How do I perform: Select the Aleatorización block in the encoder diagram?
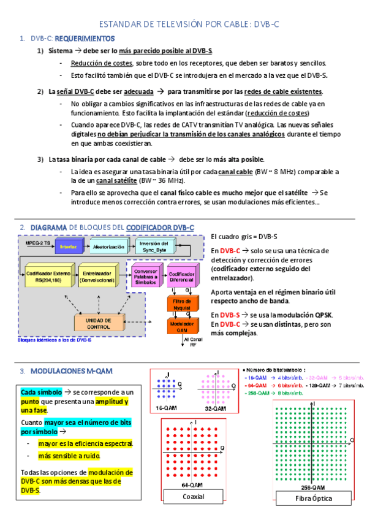108,247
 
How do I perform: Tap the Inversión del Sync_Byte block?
155,247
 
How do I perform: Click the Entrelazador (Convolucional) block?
101,276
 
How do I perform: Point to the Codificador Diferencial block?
182,277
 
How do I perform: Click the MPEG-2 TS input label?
39,242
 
